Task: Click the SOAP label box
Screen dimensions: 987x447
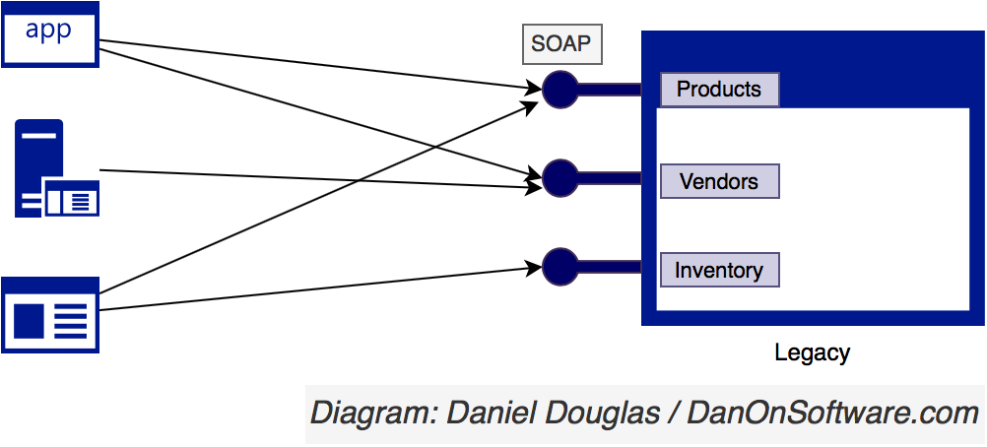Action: pyautogui.click(x=562, y=44)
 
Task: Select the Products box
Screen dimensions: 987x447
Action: pyautogui.click(x=719, y=90)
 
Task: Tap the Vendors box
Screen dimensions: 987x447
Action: pyautogui.click(x=719, y=181)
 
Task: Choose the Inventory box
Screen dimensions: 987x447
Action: pyautogui.click(x=719, y=270)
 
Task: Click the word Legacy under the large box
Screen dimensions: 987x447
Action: pyautogui.click(x=812, y=353)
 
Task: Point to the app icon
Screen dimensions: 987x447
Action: pyautogui.click(x=49, y=34)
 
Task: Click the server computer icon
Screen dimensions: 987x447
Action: pyautogui.click(x=57, y=168)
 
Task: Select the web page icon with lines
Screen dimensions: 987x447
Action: pyautogui.click(x=49, y=315)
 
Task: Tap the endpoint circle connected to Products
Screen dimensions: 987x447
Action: pyautogui.click(x=559, y=90)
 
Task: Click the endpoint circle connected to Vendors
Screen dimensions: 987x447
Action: pyautogui.click(x=559, y=178)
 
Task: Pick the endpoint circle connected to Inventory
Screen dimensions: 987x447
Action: pyautogui.click(x=559, y=267)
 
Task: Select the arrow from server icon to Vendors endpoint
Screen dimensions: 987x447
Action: pyautogui.click(x=320, y=179)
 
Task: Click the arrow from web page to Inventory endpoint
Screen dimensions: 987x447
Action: pyautogui.click(x=320, y=289)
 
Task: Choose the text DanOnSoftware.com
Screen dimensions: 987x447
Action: pyautogui.click(x=832, y=414)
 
